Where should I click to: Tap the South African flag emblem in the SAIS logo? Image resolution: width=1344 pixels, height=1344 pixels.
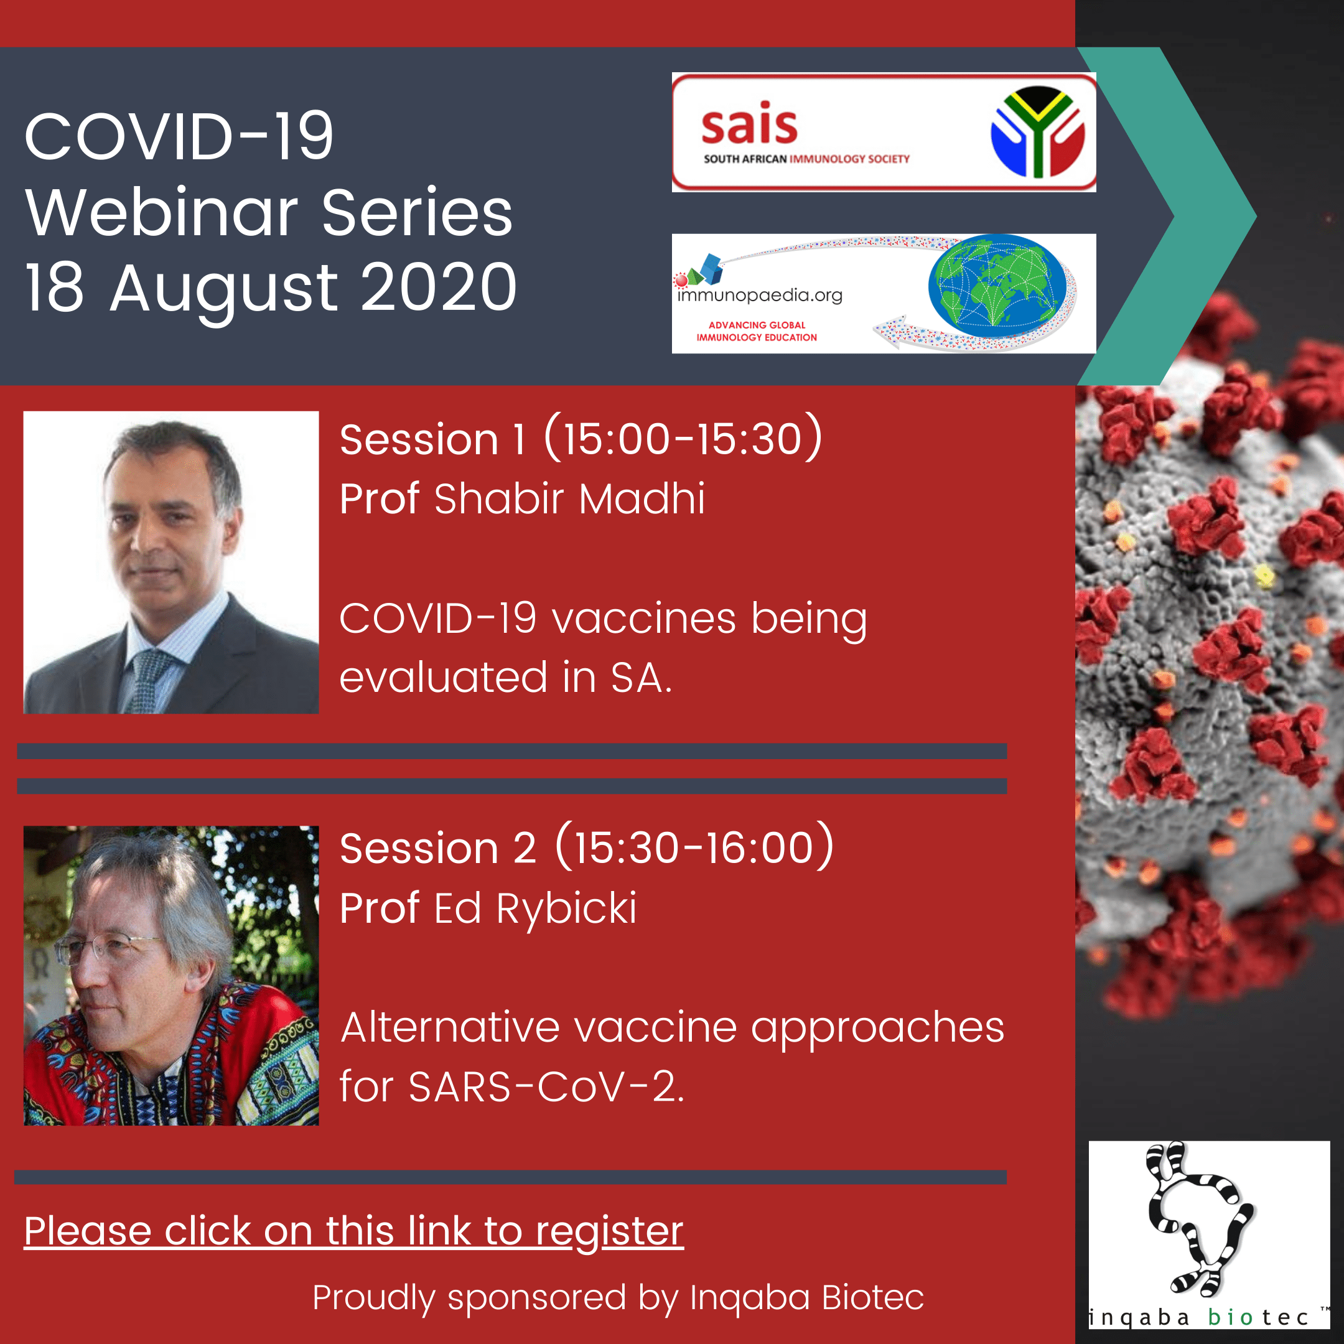coord(1037,132)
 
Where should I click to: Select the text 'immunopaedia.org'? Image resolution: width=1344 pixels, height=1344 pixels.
coord(760,296)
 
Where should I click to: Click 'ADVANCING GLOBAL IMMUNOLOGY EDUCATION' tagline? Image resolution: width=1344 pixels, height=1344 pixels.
coord(757,331)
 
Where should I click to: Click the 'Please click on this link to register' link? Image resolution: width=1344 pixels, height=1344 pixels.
coord(353,1231)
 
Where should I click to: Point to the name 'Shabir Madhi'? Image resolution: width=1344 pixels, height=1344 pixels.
coord(570,499)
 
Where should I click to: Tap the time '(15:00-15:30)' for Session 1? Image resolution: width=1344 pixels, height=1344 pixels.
coord(683,437)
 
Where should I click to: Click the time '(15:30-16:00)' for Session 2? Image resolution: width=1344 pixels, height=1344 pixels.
coord(694,846)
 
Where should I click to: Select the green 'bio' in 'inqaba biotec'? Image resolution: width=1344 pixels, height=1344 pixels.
coord(1231,1317)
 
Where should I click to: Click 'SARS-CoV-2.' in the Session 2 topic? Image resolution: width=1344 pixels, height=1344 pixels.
coord(547,1086)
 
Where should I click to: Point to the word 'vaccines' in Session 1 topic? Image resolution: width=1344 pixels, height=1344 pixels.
coord(643,618)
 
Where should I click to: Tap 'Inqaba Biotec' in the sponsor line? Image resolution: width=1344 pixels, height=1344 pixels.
coord(807,1298)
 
